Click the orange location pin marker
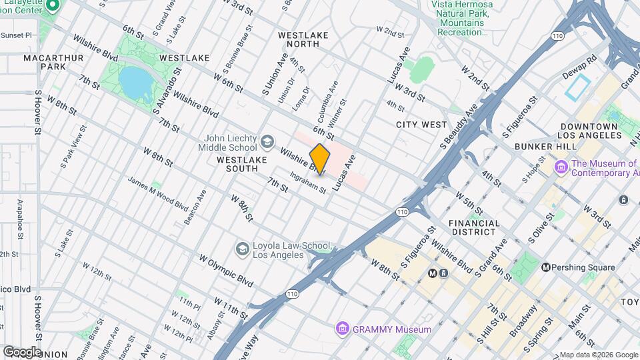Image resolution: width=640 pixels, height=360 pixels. (320, 159)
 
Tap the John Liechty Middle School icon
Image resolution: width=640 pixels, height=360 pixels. (267, 142)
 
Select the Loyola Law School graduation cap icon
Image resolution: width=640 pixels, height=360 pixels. (243, 249)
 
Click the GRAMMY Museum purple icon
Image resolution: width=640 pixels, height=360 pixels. (343, 329)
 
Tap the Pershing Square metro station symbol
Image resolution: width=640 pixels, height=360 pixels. (546, 267)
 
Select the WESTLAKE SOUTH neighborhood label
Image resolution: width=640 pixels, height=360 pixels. (242, 164)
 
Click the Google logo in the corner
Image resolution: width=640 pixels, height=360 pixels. (21, 351)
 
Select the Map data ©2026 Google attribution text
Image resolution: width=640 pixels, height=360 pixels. (598, 355)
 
